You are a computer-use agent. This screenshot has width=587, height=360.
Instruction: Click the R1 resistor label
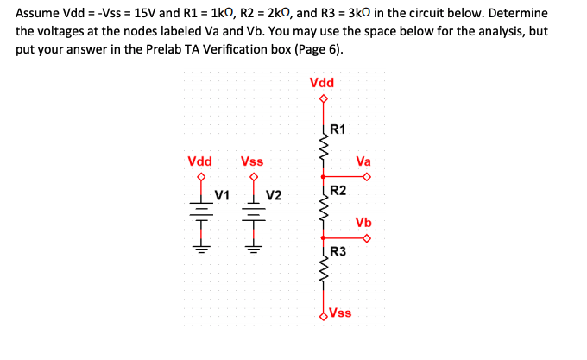(x=338, y=129)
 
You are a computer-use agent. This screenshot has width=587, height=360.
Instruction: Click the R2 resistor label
(x=338, y=190)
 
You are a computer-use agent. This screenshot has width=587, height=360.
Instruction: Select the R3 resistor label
(x=338, y=252)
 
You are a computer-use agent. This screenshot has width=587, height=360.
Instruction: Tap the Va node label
(x=363, y=161)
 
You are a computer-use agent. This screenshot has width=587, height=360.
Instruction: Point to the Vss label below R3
(x=340, y=312)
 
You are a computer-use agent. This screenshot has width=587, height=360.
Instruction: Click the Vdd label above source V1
(x=200, y=161)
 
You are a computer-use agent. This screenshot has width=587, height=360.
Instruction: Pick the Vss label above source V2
(x=252, y=161)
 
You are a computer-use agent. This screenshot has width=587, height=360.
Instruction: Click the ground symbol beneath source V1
(x=201, y=243)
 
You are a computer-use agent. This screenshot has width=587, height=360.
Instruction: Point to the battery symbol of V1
(x=201, y=209)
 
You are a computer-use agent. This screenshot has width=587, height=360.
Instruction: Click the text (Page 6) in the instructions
(x=315, y=47)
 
